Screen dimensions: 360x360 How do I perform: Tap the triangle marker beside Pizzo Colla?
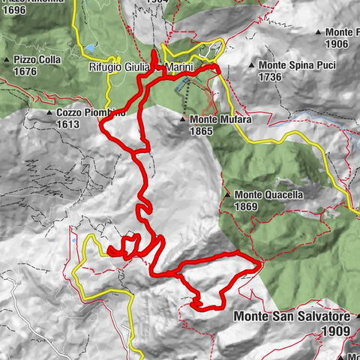(x=7, y=59)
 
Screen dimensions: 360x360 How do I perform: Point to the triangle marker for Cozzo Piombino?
(x=49, y=112)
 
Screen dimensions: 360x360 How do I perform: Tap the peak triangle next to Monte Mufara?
(x=183, y=119)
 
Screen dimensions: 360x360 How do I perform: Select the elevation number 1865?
(x=202, y=130)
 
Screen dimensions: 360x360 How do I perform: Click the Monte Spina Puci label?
(x=294, y=65)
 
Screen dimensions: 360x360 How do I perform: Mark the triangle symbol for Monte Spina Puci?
(x=251, y=65)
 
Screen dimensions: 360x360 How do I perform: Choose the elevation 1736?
(x=270, y=76)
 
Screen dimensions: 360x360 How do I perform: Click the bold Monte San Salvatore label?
(x=292, y=317)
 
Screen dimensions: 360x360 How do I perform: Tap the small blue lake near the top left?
(x=90, y=48)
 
